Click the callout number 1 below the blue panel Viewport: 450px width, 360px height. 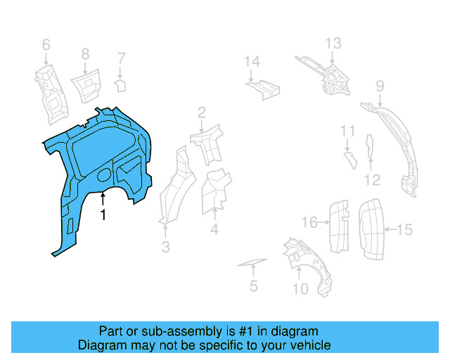(103, 215)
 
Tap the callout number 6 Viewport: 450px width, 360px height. (46, 46)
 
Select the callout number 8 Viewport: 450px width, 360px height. (85, 53)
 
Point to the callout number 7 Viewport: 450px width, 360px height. (121, 58)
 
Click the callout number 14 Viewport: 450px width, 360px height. (252, 63)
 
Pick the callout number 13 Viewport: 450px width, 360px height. (333, 44)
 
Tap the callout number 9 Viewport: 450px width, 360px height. (380, 86)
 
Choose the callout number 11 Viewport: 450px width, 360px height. (348, 131)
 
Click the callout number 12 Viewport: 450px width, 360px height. (372, 180)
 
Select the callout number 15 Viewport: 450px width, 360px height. (405, 229)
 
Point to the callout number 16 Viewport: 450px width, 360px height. (309, 223)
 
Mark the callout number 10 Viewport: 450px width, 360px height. (300, 288)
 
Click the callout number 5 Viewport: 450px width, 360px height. (253, 286)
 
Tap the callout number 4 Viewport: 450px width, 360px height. (214, 229)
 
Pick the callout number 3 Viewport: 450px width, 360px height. (166, 247)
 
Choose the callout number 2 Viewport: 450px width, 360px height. (201, 112)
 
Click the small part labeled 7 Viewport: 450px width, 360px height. (120, 86)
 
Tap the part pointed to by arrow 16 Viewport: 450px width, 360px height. (340, 225)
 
